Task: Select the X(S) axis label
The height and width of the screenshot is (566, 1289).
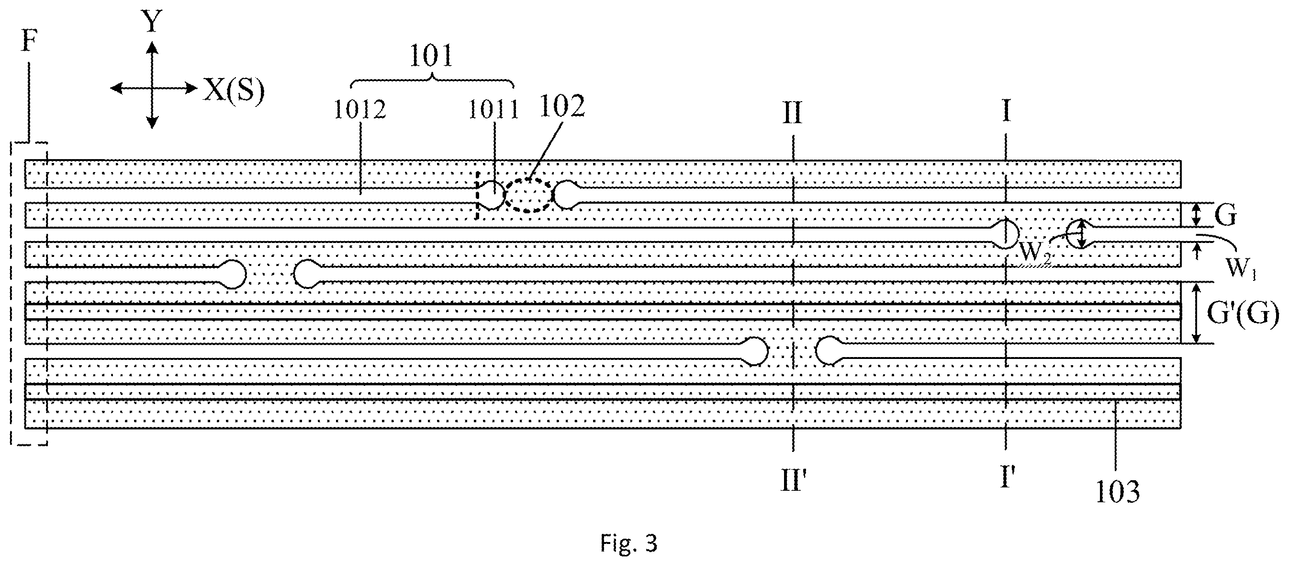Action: [x=233, y=92]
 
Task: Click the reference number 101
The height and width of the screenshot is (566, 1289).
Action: [x=431, y=56]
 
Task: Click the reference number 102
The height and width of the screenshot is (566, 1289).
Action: [x=562, y=106]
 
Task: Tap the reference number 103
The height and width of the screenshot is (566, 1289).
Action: [x=1117, y=491]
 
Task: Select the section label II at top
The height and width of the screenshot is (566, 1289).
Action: [x=792, y=112]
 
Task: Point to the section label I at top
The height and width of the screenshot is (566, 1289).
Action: [x=1007, y=112]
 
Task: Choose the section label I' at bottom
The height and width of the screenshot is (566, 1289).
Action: [x=1008, y=477]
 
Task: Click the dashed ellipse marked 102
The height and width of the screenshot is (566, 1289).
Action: [x=529, y=179]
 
